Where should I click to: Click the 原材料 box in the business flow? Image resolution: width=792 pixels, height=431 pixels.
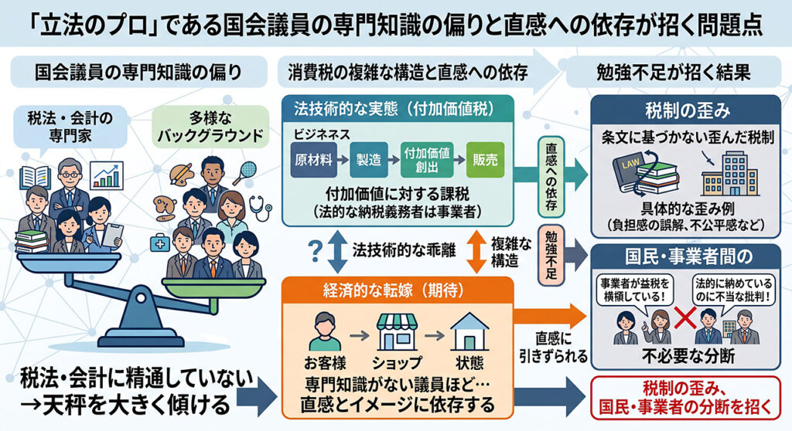point(313,160)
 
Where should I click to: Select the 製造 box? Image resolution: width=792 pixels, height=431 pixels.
point(369,160)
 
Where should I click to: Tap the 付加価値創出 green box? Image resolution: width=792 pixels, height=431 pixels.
point(427,160)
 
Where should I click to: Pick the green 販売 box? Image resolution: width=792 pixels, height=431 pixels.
point(485,160)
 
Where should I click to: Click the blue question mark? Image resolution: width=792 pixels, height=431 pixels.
point(315,251)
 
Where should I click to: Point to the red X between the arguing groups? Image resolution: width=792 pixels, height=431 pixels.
point(685,318)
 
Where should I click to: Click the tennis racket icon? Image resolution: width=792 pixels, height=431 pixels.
point(245,172)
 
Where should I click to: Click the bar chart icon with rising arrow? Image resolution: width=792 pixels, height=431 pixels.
point(107,175)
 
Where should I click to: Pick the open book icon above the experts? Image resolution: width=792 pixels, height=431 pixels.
point(35,178)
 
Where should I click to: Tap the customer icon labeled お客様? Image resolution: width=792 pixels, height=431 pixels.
point(325,331)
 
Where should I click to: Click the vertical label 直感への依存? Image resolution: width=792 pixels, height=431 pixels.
point(551,176)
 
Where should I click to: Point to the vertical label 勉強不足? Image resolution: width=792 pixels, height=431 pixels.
point(551,256)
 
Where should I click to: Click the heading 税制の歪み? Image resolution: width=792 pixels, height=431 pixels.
point(688,110)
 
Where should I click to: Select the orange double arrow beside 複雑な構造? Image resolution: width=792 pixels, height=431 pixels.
point(476,251)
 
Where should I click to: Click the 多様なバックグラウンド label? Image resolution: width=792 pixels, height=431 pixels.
point(210,127)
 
